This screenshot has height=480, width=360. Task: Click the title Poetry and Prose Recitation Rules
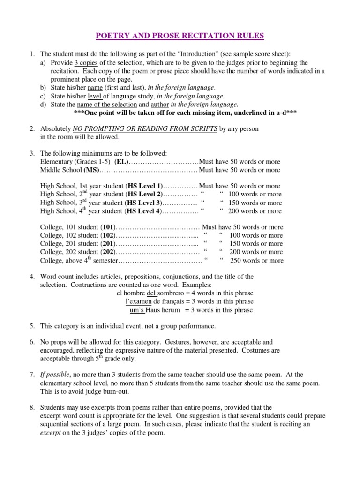180,36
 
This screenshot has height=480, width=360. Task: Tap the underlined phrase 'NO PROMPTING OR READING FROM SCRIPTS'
145,128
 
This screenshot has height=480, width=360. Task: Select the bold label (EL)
120,162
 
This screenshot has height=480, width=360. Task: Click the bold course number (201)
108,244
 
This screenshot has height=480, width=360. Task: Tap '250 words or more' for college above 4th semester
256,261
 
